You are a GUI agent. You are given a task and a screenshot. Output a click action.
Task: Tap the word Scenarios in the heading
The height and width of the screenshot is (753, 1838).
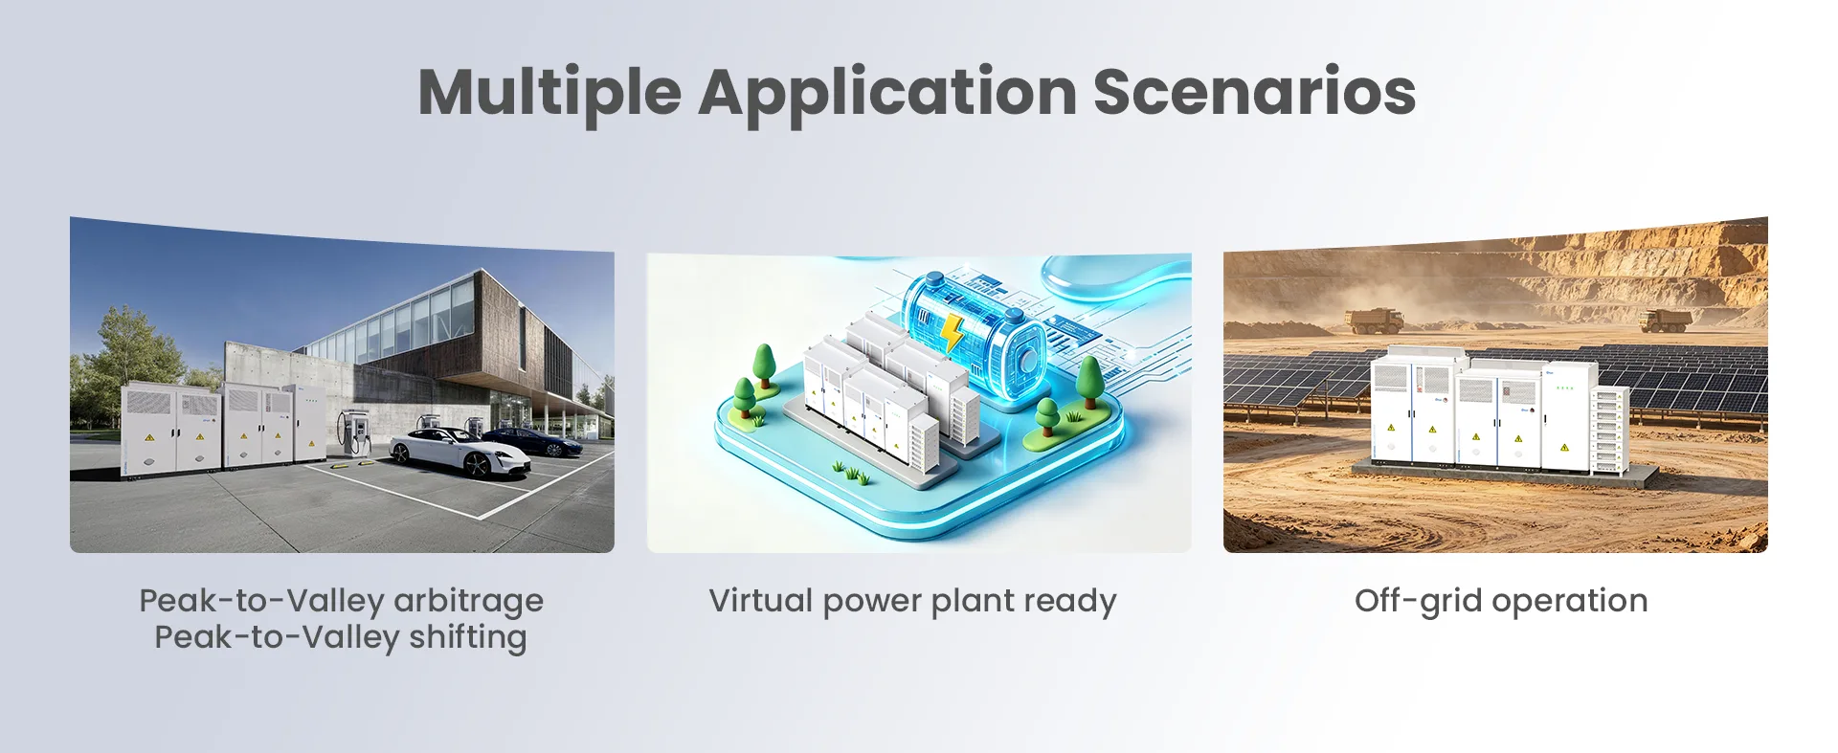1254,92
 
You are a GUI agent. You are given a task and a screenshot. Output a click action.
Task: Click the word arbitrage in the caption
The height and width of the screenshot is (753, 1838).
469,602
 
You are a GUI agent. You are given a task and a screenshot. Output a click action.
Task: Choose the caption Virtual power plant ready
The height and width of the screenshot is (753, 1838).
912,602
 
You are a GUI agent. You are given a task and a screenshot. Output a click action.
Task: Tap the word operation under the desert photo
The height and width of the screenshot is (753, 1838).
1570,602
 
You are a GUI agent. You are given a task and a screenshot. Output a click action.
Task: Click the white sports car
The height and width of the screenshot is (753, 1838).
459,452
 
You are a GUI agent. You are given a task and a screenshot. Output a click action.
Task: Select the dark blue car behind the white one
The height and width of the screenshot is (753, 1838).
536,441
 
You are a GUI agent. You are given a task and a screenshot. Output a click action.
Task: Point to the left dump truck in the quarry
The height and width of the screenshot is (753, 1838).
1377,320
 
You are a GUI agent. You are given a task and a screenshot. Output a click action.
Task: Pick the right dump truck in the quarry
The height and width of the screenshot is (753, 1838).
1667,321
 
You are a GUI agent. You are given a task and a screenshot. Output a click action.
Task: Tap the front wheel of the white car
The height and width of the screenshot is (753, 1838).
477,466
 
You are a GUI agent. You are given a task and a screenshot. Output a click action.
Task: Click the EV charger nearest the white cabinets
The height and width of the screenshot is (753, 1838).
355,432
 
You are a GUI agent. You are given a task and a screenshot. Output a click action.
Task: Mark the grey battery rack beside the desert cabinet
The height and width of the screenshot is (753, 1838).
1610,432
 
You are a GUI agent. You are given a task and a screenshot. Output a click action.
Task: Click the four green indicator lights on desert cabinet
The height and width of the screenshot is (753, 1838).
1565,388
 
